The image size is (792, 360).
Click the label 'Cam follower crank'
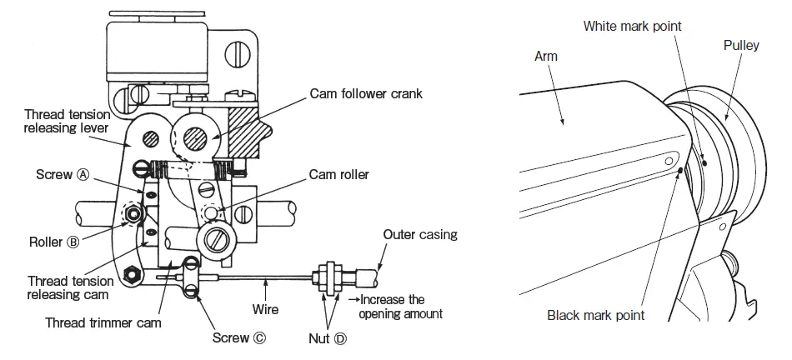(365, 93)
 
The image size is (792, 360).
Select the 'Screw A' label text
(63, 175)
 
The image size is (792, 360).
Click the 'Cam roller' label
(338, 174)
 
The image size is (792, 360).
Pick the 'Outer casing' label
(419, 234)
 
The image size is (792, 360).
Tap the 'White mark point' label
(631, 27)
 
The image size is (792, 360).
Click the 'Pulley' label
(740, 46)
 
